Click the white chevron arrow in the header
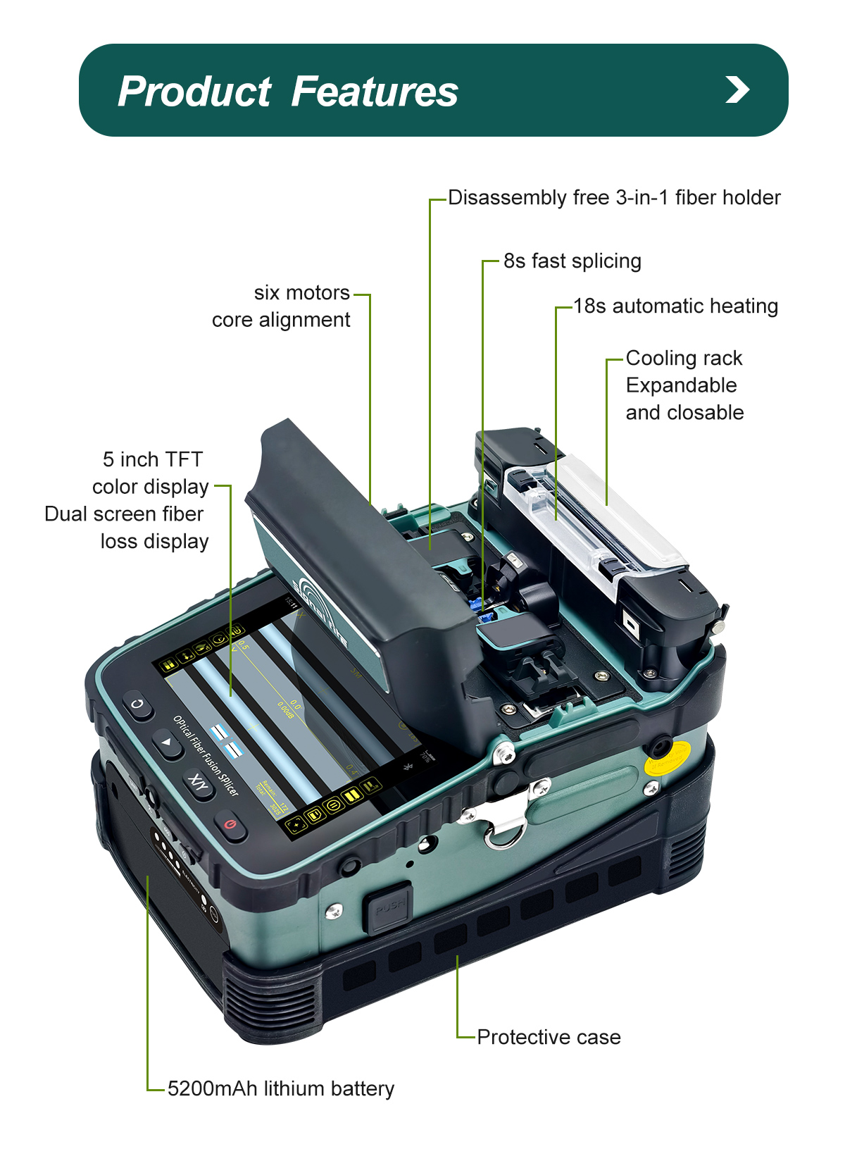click(737, 89)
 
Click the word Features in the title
click(374, 92)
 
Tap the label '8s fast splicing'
click(572, 261)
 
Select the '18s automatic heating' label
click(675, 306)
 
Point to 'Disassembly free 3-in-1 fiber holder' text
click(614, 197)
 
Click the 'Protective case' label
click(549, 1037)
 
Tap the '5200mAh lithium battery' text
click(280, 1088)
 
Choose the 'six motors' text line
click(301, 292)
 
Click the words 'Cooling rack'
click(684, 358)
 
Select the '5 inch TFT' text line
click(152, 459)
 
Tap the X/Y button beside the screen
click(199, 783)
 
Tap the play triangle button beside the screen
click(168, 743)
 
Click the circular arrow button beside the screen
click(138, 704)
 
